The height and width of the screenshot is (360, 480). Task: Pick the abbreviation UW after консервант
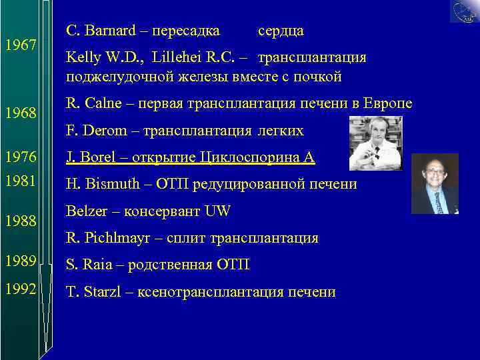click(x=217, y=211)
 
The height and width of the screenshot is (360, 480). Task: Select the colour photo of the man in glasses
click(x=434, y=183)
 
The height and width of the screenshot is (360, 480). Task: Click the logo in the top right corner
click(x=464, y=11)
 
